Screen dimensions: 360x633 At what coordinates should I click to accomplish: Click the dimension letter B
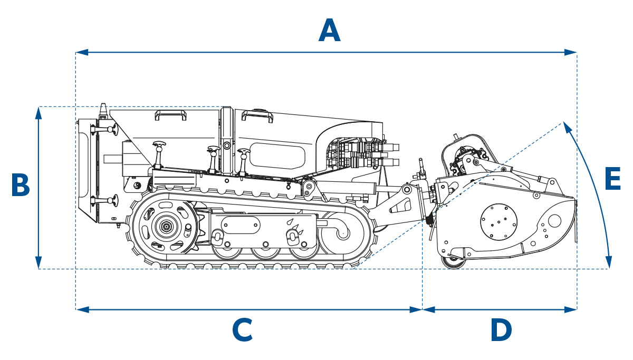tap(20, 186)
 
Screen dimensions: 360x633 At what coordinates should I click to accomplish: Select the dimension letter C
tap(243, 330)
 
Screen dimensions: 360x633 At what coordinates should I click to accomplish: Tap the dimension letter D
tap(501, 330)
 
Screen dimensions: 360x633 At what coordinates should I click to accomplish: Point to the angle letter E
tap(612, 180)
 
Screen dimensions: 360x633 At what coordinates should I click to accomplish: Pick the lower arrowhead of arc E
tap(609, 262)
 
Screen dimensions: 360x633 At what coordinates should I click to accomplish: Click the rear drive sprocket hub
tap(167, 227)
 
